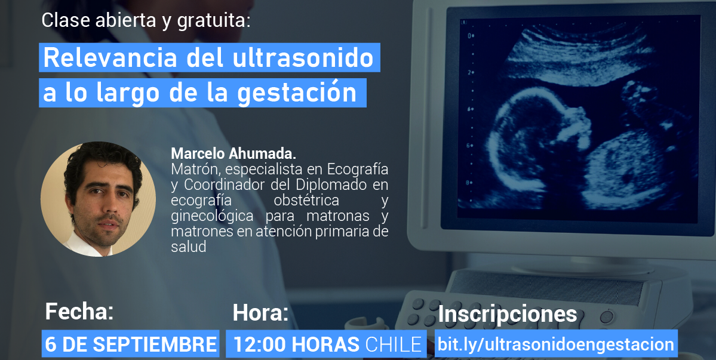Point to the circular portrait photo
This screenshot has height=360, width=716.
click(x=99, y=199)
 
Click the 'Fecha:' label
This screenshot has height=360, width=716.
click(x=79, y=311)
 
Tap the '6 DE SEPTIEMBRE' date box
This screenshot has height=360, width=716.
click(x=131, y=344)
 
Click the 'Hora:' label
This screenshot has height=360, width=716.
click(x=260, y=312)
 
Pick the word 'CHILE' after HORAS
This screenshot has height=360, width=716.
click(x=394, y=344)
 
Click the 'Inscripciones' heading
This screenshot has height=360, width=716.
click(x=508, y=314)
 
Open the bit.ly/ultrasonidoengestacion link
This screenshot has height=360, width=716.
click(x=555, y=344)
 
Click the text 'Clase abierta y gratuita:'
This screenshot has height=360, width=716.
click(x=146, y=21)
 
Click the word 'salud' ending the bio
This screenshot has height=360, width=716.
click(x=188, y=247)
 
